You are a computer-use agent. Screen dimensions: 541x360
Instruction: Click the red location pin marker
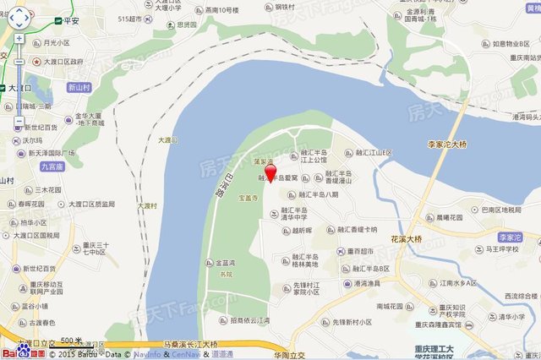tap(270, 173)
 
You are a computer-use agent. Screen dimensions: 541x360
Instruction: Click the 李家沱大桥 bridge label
tap(447, 145)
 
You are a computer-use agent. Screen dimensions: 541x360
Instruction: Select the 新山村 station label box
tap(79, 87)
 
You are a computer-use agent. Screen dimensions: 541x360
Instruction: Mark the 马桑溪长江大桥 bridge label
tap(190, 345)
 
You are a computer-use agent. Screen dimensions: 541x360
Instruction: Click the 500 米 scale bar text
tap(71, 341)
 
